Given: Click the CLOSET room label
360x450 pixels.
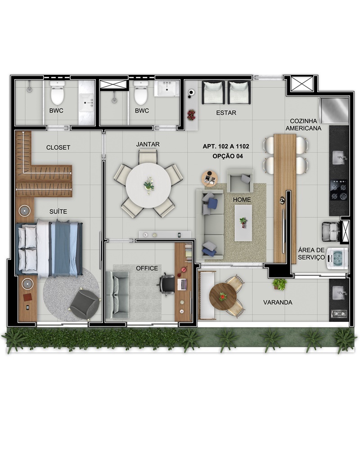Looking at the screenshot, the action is pyautogui.click(x=58, y=148).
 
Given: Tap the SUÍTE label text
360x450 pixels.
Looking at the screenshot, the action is pyautogui.click(x=58, y=211).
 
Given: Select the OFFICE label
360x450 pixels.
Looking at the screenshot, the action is pyautogui.click(x=147, y=268).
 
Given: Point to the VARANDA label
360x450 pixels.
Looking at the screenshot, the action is pyautogui.click(x=278, y=302).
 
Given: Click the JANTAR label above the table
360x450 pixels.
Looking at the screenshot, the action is pyautogui.click(x=148, y=144).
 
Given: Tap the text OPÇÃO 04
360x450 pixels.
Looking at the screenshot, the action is pyautogui.click(x=228, y=156).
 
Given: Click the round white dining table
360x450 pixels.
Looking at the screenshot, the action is pyautogui.click(x=148, y=185).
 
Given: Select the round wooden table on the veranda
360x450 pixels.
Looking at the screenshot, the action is pyautogui.click(x=223, y=296).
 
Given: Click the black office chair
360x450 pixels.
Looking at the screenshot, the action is pyautogui.click(x=166, y=284).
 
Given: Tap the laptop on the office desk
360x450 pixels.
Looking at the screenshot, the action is pyautogui.click(x=182, y=284).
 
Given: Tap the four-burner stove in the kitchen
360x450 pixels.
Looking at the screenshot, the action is pyautogui.click(x=339, y=190).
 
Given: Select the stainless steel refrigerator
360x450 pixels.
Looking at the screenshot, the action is pyautogui.click(x=333, y=111).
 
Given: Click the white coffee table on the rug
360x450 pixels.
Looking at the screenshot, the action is pyautogui.click(x=243, y=223).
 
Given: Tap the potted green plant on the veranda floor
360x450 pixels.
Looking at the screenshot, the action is pyautogui.click(x=279, y=284).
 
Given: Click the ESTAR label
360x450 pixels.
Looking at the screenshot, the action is pyautogui.click(x=226, y=113).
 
